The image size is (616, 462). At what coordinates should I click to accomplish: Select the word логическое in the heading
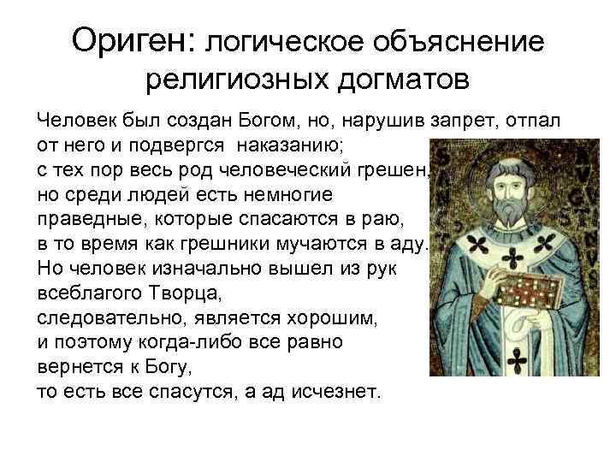(287, 41)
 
